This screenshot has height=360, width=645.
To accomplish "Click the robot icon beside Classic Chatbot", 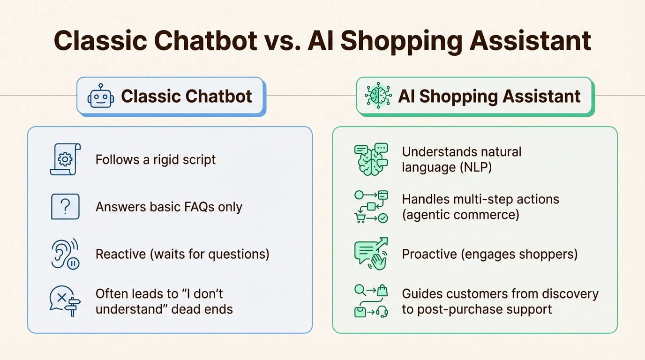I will [100, 97].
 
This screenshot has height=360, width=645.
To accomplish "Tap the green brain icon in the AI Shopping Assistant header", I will [378, 96].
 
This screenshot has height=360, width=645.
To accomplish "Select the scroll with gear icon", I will [65, 159].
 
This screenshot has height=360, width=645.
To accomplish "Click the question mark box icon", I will [65, 207].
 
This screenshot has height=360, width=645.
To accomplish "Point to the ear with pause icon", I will [65, 254].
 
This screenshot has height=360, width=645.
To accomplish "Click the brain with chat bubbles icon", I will [371, 159].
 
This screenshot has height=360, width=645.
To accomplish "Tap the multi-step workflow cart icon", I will [371, 207].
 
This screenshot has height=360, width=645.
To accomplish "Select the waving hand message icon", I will [371, 254].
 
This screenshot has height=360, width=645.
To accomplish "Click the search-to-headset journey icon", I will [371, 301].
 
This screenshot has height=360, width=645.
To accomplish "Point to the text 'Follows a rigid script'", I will [156, 159].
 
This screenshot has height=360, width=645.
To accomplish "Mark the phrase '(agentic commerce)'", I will [460, 215].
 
